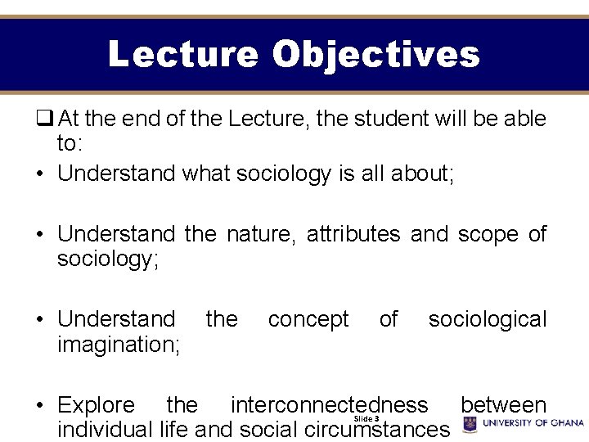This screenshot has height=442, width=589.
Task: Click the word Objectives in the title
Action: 375,55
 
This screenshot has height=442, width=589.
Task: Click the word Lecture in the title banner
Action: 182,55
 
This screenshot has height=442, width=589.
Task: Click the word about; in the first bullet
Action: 415,174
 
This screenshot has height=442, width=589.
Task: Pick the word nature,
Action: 259,234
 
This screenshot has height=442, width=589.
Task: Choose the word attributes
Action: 353,234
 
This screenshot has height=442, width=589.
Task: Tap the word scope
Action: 488,234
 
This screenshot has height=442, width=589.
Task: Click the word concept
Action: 308,319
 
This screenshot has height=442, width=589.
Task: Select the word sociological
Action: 488,319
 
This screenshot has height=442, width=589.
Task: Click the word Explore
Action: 96,405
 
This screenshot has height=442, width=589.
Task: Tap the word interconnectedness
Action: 329,405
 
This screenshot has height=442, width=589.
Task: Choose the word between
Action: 503,405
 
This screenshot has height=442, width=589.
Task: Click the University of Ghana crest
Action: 470,424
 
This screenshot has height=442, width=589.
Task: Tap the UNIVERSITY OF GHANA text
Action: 533,423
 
